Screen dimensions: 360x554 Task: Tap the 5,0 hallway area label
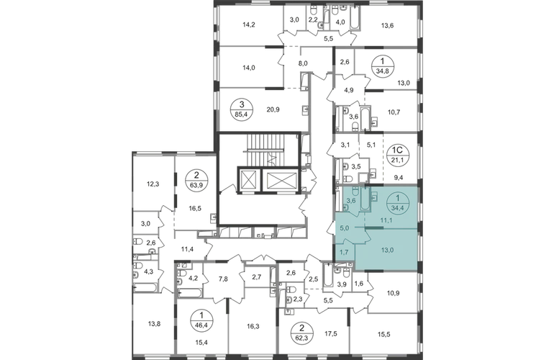tap(344, 228)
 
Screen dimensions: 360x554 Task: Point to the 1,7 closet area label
tap(344, 253)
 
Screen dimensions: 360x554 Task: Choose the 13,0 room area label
tap(387, 251)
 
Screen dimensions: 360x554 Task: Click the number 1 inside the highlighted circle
tap(396, 197)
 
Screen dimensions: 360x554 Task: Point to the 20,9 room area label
tap(273, 109)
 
